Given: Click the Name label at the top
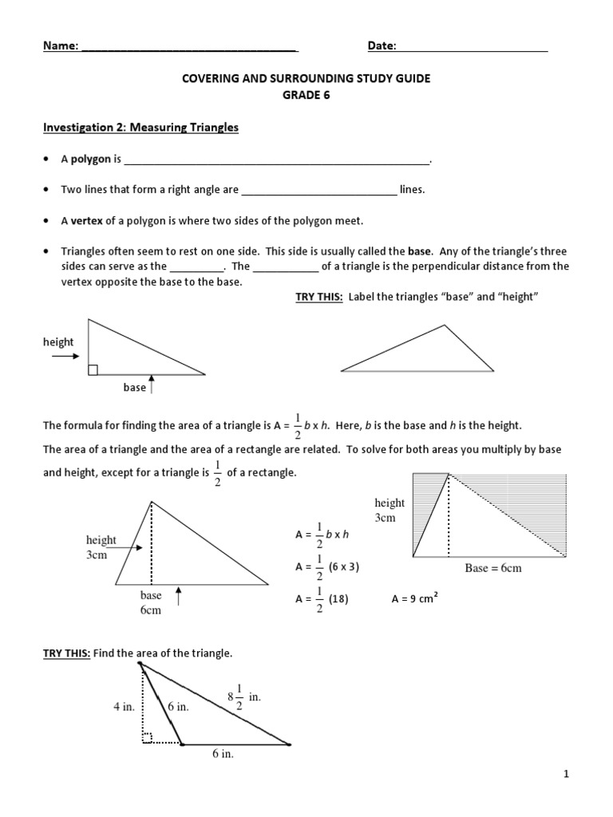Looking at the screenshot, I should point(60,46).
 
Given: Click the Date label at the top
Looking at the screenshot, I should point(382,46).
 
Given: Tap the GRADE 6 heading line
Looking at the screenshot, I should point(306,95).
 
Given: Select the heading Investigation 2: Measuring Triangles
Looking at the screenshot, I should point(140,127).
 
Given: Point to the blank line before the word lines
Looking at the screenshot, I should point(318,191).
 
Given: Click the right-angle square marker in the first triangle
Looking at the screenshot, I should point(93,369).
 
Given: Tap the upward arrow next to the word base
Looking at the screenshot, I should point(152,388).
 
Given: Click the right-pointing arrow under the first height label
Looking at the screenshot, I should point(65,357).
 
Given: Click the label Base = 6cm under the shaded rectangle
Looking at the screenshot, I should point(492,569).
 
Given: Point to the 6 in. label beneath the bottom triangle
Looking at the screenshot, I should point(223,755).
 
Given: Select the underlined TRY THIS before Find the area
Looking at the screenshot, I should point(66,653).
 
